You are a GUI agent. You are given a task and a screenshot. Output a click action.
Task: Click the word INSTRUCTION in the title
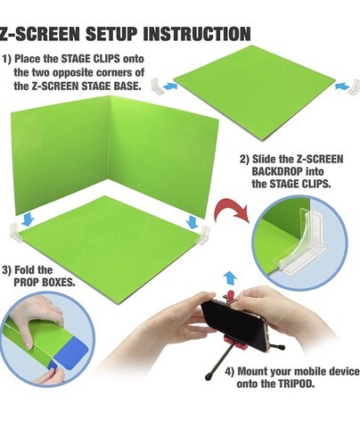pos(197,34)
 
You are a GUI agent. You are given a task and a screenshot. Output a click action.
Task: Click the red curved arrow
pos(232,210)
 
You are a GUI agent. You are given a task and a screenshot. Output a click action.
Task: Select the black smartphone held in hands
pos(234,323)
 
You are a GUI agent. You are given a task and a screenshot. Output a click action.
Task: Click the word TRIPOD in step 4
pos(296,384)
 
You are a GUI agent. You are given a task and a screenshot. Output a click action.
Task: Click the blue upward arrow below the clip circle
pos(230,279)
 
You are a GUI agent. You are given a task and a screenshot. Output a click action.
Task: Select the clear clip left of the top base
pos(158,86)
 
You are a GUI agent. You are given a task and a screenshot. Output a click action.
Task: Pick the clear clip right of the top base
pos(354,87)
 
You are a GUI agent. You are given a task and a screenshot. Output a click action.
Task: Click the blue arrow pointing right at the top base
pos(170,87)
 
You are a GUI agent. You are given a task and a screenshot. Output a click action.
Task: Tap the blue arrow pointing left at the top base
pos(342,87)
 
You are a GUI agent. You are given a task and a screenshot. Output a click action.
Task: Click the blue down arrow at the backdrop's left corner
pos(28,219)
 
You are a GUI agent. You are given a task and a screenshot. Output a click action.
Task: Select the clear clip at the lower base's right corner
pos(203,235)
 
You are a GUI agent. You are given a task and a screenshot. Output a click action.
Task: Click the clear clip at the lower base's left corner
pos(16,233)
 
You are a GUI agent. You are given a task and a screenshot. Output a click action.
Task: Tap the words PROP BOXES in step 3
pos(45,282)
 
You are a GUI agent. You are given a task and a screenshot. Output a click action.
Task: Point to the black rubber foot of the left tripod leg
pos(208,377)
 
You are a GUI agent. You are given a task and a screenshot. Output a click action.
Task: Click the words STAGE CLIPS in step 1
pos(91,59)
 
